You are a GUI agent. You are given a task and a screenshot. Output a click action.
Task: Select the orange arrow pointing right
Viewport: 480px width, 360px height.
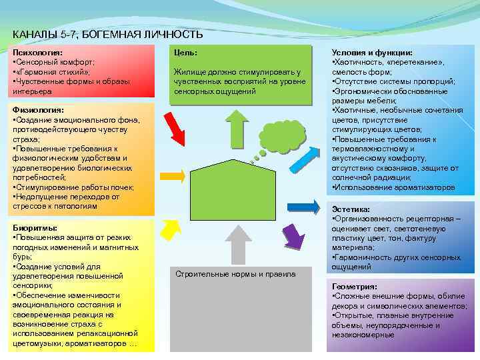click(173, 175)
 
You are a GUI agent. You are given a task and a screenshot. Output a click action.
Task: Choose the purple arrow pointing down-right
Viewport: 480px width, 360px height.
click(294, 235)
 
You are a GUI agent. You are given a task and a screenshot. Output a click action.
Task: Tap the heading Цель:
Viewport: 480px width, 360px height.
click(185, 52)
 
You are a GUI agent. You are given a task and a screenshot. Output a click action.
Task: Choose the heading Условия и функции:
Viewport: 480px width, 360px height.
click(372, 52)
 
